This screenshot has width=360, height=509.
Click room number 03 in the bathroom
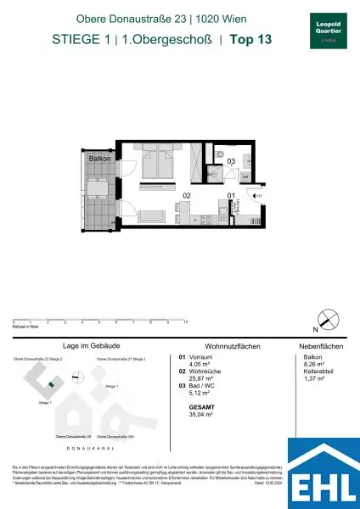click(x=229, y=161)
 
